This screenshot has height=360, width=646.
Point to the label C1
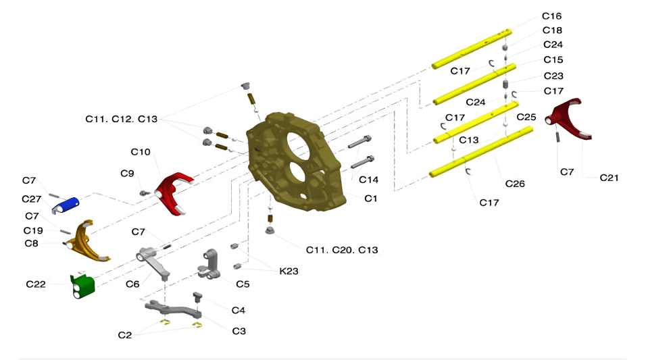[370, 199]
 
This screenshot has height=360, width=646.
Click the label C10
[141, 151]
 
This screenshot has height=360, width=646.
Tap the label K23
[290, 271]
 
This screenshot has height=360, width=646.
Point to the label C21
[609, 178]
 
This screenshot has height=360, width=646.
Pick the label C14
[368, 180]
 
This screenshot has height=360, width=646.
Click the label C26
[515, 184]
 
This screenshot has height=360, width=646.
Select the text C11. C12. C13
[121, 119]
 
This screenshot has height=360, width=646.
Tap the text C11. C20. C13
[342, 250]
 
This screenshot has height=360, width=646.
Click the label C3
[239, 331]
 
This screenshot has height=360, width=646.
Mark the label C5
[243, 284]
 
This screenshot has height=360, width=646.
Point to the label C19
[34, 230]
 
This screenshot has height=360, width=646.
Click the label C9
[128, 174]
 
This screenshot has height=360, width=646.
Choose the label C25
[526, 117]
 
